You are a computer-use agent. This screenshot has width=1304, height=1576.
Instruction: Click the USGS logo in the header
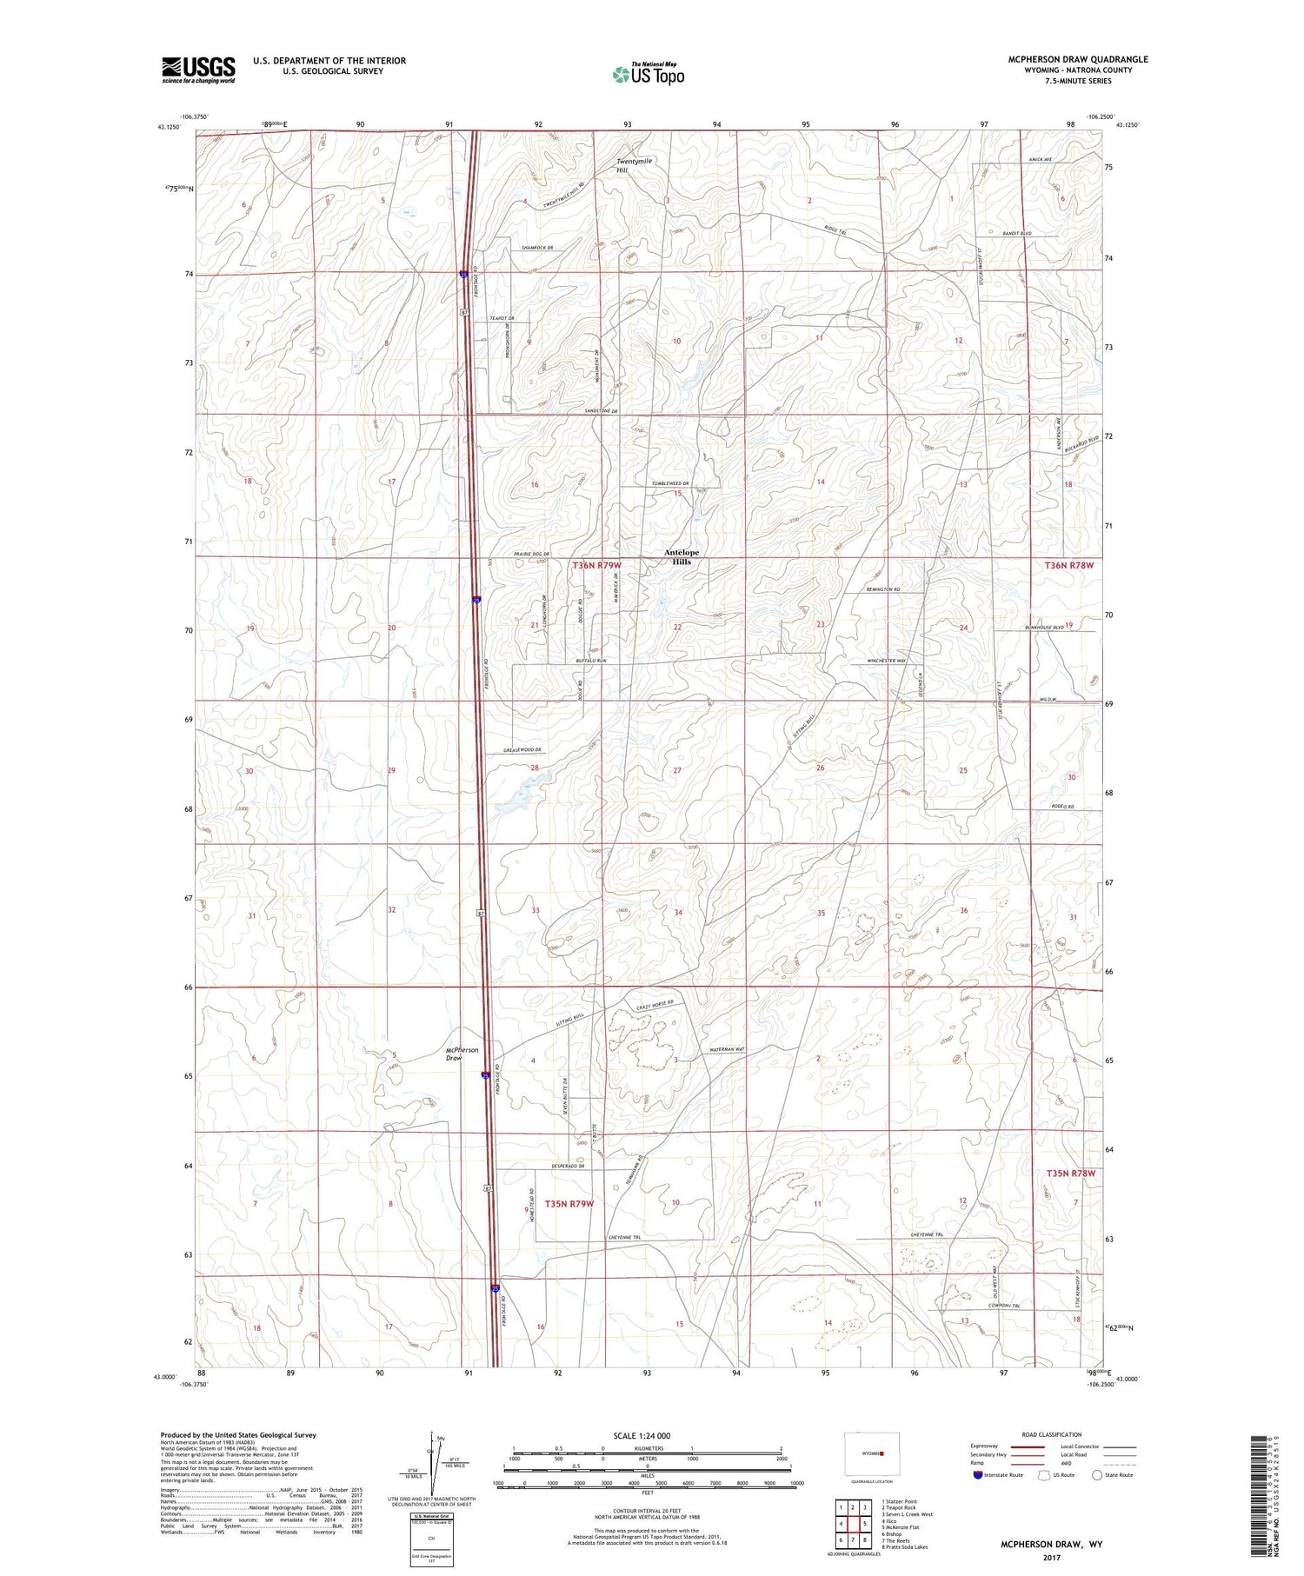(198, 70)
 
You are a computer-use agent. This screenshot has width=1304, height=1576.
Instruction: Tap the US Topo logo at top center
(648, 75)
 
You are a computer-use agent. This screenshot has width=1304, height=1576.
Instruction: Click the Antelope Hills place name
(681, 556)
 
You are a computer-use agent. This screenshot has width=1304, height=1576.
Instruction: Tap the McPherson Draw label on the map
(462, 1054)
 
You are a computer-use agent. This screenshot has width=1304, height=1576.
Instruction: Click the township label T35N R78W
(1069, 1173)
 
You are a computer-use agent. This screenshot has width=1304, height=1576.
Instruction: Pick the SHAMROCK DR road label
(543, 248)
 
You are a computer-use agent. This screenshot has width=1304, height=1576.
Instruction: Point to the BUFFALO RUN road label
(590, 662)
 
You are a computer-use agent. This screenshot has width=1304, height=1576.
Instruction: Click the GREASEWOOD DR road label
(522, 750)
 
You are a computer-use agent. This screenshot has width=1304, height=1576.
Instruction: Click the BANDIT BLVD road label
(1017, 234)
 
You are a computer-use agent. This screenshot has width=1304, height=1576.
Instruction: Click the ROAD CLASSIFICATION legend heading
(1052, 1434)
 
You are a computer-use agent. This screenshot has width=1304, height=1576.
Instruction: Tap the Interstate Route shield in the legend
(978, 1475)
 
